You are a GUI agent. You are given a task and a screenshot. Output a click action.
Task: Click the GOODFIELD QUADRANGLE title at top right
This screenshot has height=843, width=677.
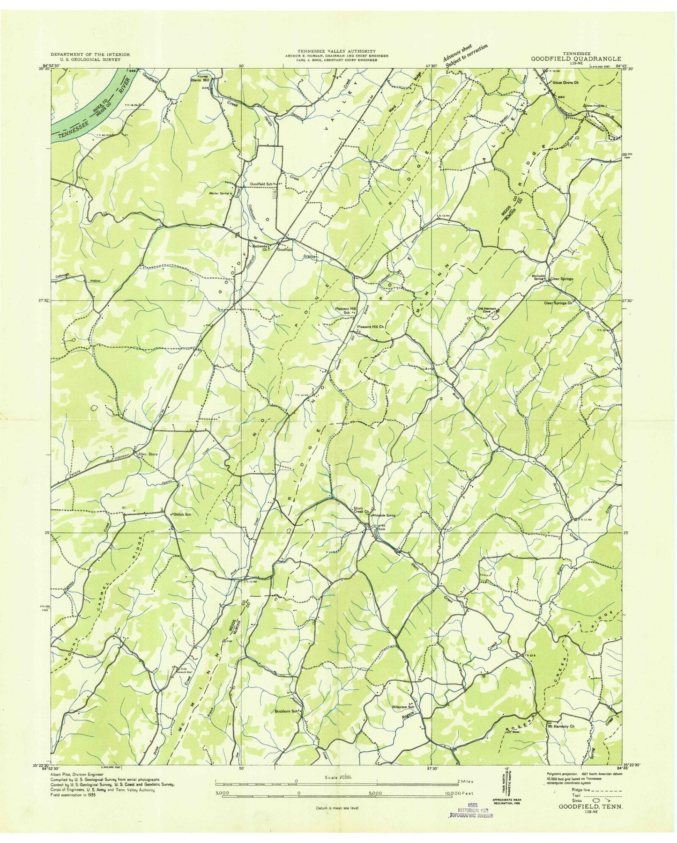point(576,59)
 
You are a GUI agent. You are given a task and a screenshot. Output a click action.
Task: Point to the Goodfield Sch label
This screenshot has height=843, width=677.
point(261,183)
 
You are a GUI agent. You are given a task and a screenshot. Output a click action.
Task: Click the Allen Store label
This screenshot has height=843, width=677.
point(145,454)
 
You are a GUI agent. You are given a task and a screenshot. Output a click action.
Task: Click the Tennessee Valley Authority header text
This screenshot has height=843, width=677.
point(336,51)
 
